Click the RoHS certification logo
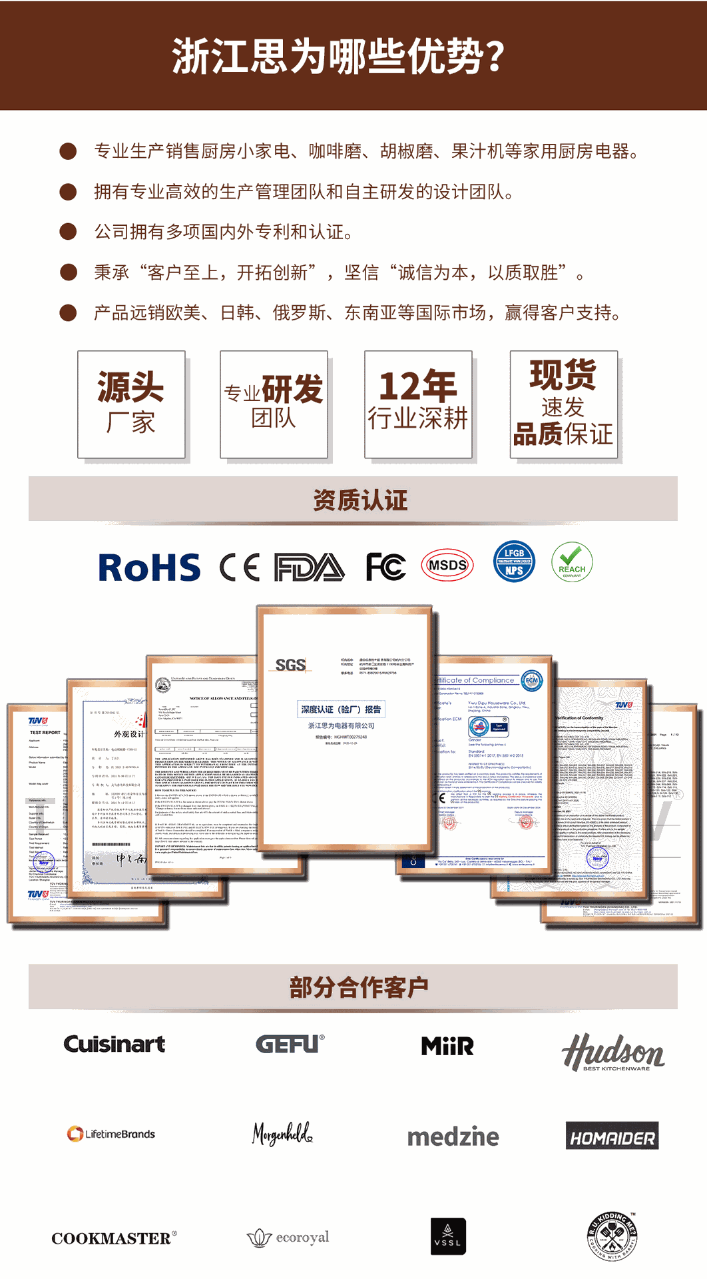[x=149, y=568]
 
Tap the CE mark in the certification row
[x=239, y=568]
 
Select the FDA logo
[x=310, y=568]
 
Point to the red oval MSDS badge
[x=447, y=566]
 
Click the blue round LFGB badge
[x=513, y=562]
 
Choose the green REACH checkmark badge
[x=572, y=562]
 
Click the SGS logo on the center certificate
[x=290, y=665]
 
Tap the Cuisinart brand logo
[x=115, y=1044]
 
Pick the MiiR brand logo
[x=447, y=1046]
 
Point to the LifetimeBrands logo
[x=111, y=1134]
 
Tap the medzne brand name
[x=453, y=1136]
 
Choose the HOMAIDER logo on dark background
[x=612, y=1136]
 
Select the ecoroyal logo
[x=288, y=1238]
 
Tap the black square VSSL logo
[x=448, y=1237]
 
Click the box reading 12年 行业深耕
[x=418, y=404]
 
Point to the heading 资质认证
[x=359, y=500]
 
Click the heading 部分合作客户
[x=358, y=987]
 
